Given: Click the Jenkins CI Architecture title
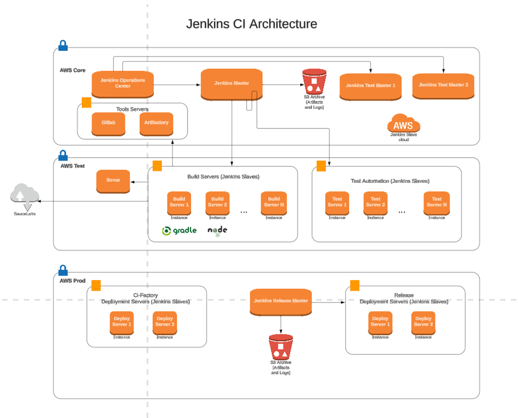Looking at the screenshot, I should [251, 24].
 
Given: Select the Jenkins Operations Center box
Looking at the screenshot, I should [122, 83].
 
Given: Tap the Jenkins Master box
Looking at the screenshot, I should [231, 83].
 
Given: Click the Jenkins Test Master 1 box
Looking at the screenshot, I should [370, 86].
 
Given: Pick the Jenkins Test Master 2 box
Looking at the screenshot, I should [443, 85].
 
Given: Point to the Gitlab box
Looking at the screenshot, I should [108, 123].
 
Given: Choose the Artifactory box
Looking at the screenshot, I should [156, 123].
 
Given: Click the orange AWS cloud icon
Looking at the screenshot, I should [403, 124].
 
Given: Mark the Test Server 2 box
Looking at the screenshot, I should [375, 202].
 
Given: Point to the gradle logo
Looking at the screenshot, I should [179, 231].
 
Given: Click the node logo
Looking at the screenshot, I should [217, 231].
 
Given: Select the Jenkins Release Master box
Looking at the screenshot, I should [281, 301].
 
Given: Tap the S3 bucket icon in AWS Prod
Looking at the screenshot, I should [281, 347].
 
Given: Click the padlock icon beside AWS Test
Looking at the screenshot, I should [63, 155].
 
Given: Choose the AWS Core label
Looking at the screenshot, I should [72, 70].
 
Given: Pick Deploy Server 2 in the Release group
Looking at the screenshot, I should [423, 321].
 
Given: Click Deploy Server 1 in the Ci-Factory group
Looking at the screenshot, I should [122, 321].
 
